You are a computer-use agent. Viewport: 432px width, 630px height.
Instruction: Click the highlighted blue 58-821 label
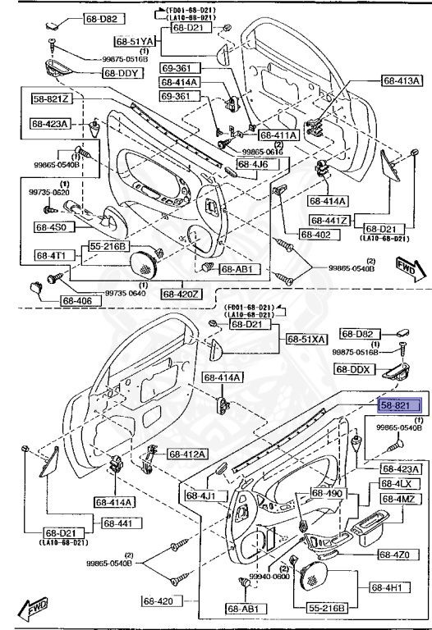tap(399, 404)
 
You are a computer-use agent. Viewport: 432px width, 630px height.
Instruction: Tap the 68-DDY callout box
tap(122, 73)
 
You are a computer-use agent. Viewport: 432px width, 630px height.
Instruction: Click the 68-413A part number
tap(402, 80)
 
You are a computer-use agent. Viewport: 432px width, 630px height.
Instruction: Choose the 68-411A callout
tap(278, 135)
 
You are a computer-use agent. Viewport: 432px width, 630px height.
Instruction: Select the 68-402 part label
tap(315, 235)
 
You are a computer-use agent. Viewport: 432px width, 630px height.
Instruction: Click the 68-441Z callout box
tap(330, 221)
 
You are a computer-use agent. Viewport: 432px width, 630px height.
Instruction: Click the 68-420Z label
tap(180, 293)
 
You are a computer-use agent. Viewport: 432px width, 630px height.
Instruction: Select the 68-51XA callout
tap(306, 339)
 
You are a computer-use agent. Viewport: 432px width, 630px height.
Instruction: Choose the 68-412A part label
tap(188, 454)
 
